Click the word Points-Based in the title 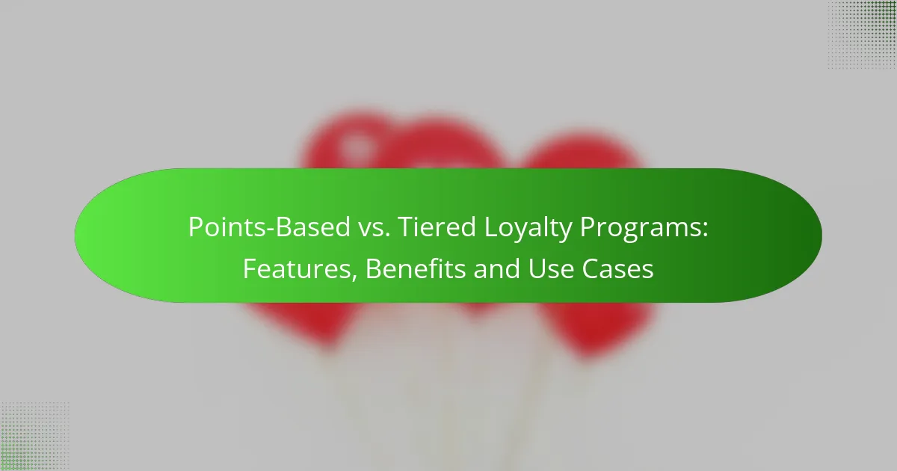tap(269, 227)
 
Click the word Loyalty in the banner tap(528, 229)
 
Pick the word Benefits tap(416, 268)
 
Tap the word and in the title tap(496, 268)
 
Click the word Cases tap(618, 268)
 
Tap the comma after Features tap(354, 277)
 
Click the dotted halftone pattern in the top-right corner tap(862, 35)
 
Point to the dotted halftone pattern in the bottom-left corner tap(35, 436)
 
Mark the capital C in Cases tap(591, 268)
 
